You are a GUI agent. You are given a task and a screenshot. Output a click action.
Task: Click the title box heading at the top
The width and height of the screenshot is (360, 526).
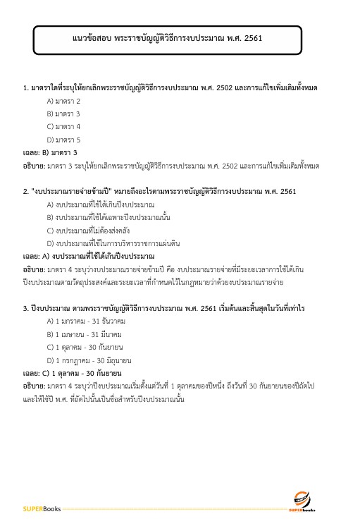(x=167, y=38)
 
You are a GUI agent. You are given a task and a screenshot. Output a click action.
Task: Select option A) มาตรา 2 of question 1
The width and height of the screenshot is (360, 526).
(x=63, y=101)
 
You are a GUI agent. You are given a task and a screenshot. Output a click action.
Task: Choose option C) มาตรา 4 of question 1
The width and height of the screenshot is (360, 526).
(x=63, y=126)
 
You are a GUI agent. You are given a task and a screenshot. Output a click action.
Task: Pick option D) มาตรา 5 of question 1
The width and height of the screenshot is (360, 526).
(x=63, y=140)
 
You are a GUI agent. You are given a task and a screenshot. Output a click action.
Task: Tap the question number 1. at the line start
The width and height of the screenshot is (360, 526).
(x=25, y=87)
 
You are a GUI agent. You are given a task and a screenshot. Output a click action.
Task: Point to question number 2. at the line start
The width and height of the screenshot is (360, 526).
(x=25, y=191)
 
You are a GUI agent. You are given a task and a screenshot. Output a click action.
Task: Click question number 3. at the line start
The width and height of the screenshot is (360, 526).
(x=25, y=307)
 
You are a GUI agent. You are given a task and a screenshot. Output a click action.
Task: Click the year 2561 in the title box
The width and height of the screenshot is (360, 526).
(x=252, y=38)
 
